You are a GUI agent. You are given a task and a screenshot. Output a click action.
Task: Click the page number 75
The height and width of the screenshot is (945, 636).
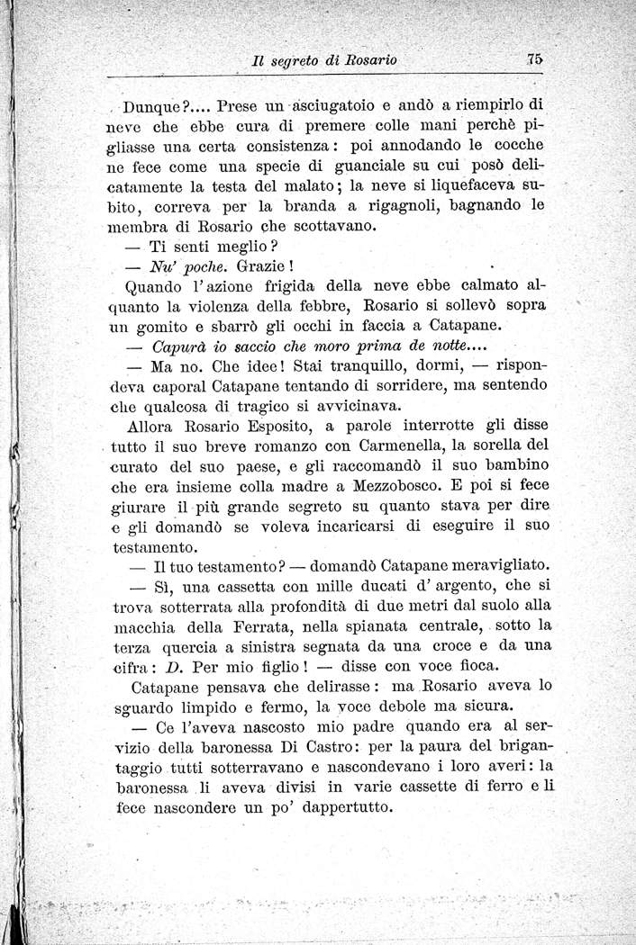[x=534, y=59]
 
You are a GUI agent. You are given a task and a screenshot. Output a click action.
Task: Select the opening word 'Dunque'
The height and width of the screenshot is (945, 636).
[x=150, y=103]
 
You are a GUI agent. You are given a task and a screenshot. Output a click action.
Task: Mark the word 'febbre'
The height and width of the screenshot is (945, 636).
[x=317, y=305]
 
